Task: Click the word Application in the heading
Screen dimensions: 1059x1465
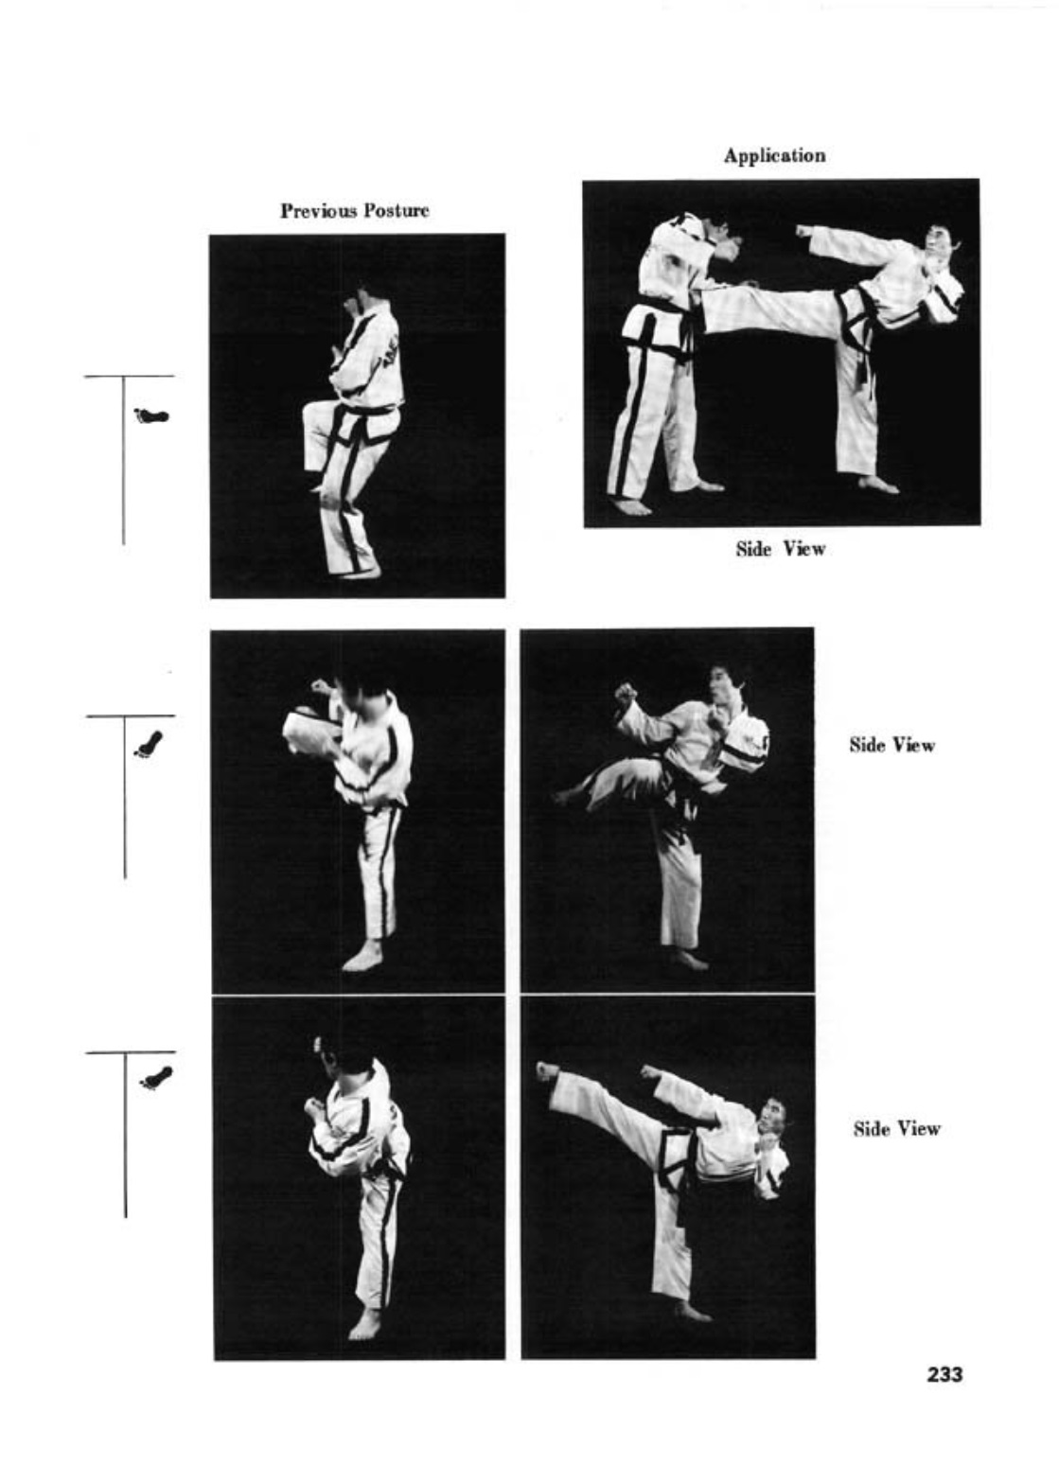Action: [x=774, y=156]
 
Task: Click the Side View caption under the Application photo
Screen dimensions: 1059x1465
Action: [x=781, y=548]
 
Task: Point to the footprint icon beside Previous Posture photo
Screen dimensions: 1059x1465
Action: [x=151, y=415]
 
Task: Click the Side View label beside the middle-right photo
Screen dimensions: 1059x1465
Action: [x=892, y=745]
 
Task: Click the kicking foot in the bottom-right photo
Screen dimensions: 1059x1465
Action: [x=547, y=1071]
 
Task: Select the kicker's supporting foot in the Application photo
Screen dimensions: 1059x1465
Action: [x=878, y=485]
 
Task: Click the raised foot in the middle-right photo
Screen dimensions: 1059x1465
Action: [x=567, y=795]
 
